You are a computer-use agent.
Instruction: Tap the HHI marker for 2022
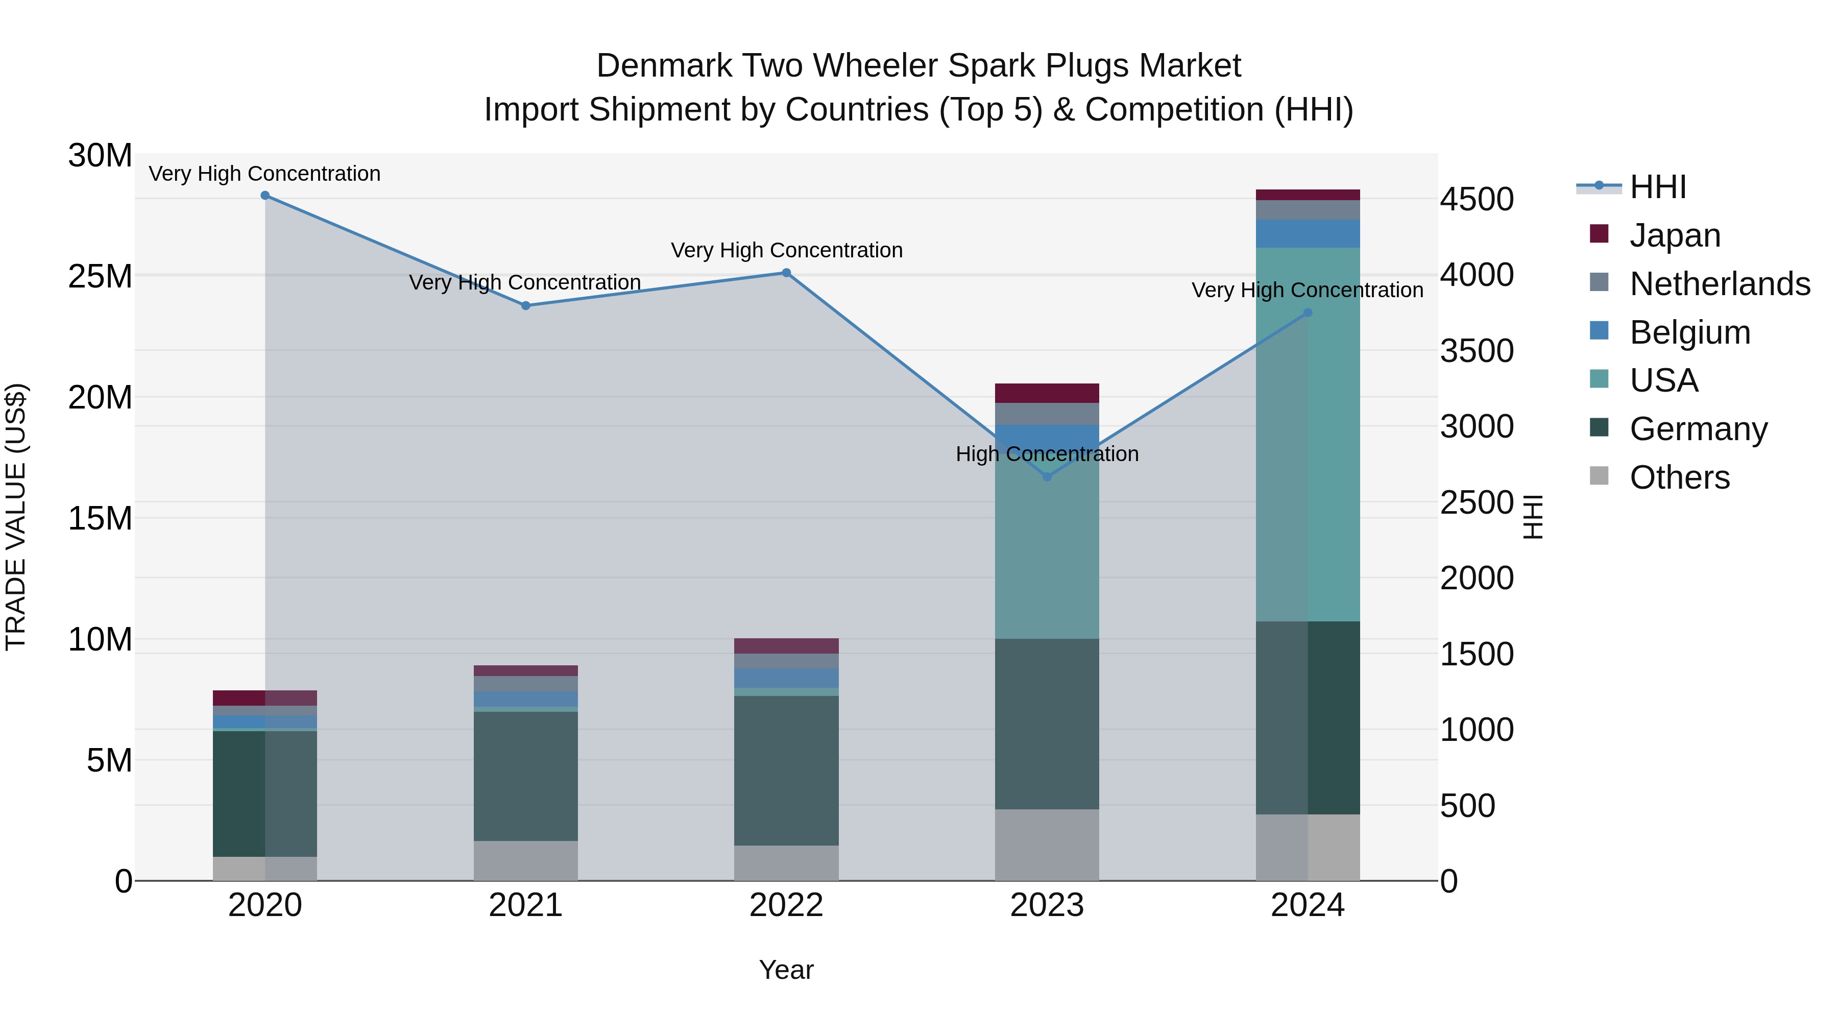(x=786, y=273)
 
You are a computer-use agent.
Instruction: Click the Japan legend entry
(x=1675, y=235)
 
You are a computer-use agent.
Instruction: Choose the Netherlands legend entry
(x=1720, y=284)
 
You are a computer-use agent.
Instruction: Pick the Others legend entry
(x=1680, y=477)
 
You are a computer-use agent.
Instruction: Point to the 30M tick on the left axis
(x=100, y=156)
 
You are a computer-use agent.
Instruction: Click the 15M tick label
(x=100, y=519)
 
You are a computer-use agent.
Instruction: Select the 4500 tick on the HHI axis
(x=1476, y=199)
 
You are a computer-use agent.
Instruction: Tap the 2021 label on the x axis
(x=525, y=905)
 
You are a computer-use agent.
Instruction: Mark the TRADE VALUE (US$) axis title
(x=16, y=517)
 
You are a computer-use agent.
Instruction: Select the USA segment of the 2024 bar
(x=1308, y=435)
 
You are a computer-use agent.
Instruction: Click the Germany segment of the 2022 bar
(x=786, y=771)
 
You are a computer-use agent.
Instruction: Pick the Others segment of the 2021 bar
(x=525, y=860)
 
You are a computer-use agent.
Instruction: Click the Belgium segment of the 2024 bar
(x=1308, y=233)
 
